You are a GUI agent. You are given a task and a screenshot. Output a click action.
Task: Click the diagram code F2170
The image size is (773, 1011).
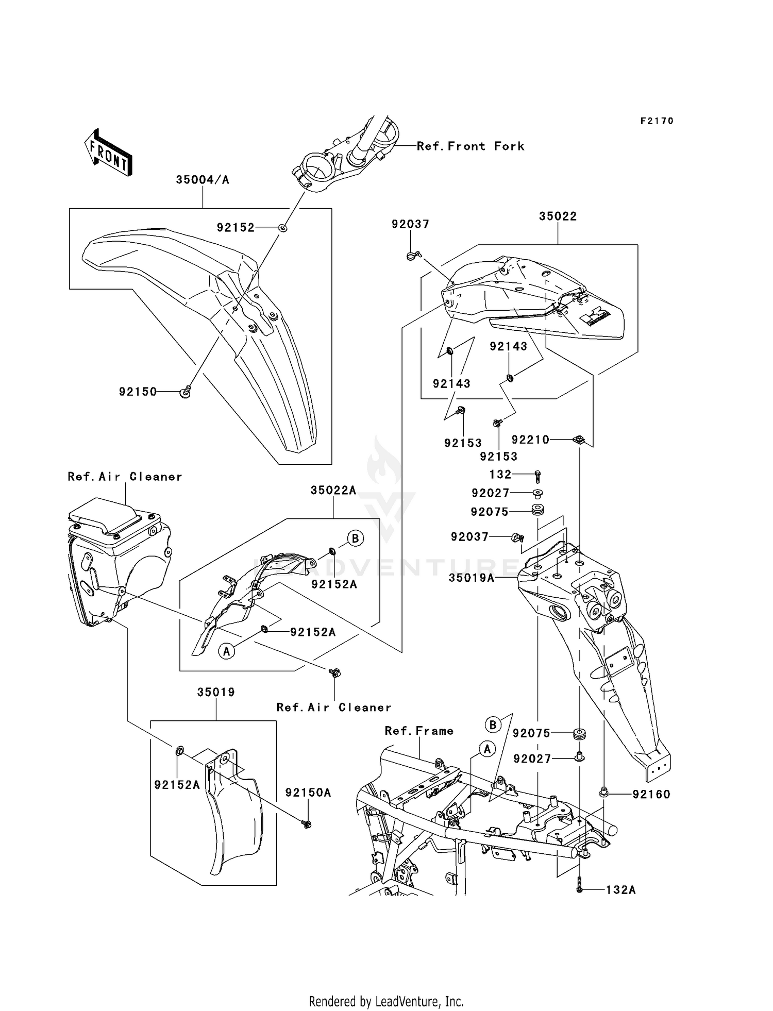coord(657,121)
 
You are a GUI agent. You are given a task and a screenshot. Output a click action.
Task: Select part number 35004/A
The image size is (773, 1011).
coord(203,180)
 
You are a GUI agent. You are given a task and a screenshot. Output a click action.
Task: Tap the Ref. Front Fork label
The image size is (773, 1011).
coord(470,146)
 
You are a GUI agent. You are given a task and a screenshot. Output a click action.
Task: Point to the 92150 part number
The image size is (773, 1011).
coord(138,392)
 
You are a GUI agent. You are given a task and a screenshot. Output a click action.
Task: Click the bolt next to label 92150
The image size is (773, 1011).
coord(186,393)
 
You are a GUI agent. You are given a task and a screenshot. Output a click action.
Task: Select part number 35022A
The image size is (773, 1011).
coord(333,491)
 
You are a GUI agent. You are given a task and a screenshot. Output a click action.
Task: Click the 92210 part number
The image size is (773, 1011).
coord(530,440)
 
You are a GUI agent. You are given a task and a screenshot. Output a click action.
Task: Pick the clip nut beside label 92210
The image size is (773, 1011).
coord(579,440)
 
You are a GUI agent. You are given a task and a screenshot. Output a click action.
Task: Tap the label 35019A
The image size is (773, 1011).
coord(471,578)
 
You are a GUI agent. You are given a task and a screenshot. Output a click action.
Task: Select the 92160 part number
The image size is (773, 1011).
coord(651,795)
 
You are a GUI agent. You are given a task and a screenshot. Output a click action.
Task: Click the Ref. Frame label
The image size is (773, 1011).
coord(419,731)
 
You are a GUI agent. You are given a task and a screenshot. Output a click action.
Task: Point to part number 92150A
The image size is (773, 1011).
coord(308,793)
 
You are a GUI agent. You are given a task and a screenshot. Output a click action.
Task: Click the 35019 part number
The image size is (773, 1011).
coord(216,692)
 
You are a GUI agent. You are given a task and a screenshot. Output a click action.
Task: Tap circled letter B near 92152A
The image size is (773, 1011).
coord(355,538)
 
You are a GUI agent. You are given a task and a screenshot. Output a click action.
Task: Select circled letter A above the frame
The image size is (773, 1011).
coord(487,749)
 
